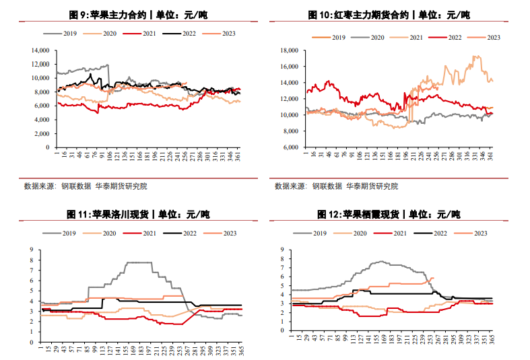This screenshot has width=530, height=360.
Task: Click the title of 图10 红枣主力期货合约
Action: coord(389,15)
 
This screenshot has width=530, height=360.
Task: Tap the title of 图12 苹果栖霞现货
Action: coord(389,215)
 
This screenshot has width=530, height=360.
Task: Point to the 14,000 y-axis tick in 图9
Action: coord(41,50)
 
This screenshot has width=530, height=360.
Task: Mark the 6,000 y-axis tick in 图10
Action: coord(290,147)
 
